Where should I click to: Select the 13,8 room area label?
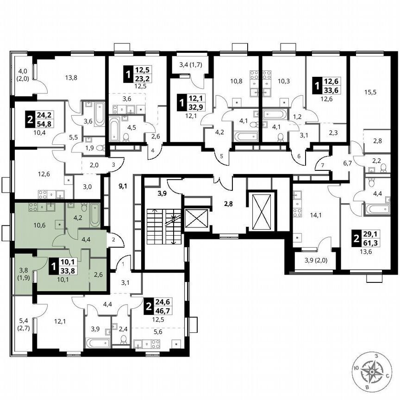pyautogui.click(x=71, y=78)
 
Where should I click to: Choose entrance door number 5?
pyautogui.click(x=221, y=156)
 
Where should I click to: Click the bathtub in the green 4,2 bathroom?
pyautogui.click(x=94, y=215)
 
